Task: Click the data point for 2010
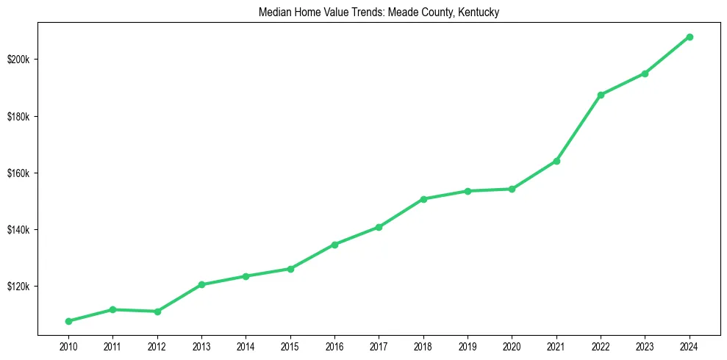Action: [68, 321]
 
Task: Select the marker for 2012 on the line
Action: [157, 312]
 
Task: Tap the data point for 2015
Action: [290, 269]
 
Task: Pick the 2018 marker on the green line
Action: [423, 199]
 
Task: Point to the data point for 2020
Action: [512, 189]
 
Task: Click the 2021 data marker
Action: [556, 161]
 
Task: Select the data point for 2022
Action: [601, 95]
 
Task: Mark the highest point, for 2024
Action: [690, 37]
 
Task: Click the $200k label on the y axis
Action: [18, 60]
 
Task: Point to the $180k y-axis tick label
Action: [18, 117]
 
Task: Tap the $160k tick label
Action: [18, 173]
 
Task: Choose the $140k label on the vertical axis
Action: [18, 230]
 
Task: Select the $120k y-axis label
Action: [18, 287]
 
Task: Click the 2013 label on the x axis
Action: [201, 346]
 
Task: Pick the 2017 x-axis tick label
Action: [379, 346]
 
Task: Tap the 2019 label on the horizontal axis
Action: [468, 346]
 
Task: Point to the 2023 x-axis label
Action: [645, 346]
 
